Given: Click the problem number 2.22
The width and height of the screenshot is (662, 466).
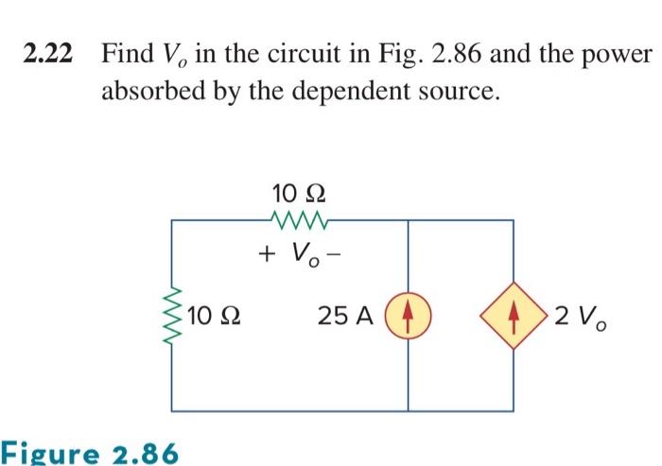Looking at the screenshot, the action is point(48,55).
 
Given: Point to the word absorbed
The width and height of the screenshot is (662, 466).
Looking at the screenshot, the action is point(150,93).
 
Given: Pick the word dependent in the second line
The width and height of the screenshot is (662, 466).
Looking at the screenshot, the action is point(353,93).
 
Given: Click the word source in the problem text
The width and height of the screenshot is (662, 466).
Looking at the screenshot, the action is point(453,93).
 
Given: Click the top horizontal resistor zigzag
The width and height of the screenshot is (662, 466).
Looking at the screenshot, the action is point(297,221).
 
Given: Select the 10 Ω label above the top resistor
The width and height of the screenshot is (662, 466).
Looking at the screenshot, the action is point(297,193).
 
